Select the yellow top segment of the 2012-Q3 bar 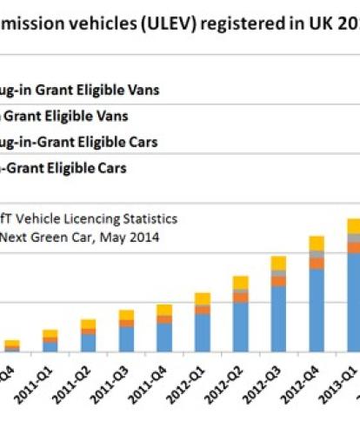click(x=278, y=264)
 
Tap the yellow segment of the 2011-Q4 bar click(x=163, y=311)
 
